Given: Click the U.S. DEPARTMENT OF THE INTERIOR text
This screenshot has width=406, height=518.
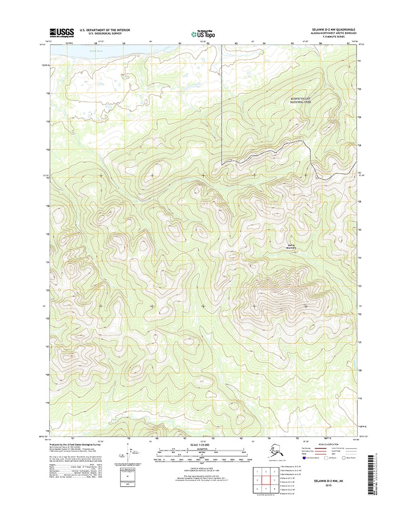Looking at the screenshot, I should (104, 30).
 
